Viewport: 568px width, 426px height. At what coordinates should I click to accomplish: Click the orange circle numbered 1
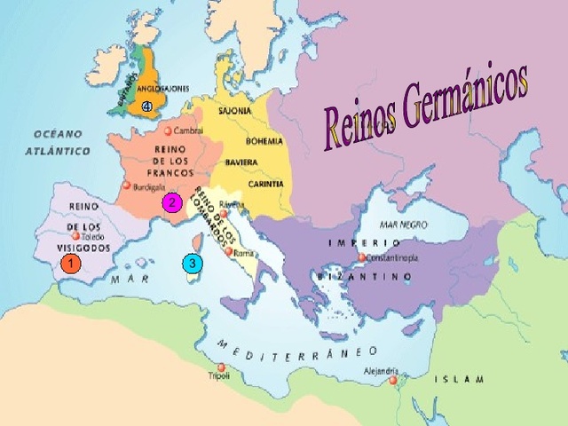coord(71,264)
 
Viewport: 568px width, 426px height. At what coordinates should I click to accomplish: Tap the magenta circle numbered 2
coord(170,202)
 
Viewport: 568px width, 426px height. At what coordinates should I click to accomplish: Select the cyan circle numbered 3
coord(192,263)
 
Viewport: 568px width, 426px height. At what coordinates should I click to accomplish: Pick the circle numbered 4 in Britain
coord(147,106)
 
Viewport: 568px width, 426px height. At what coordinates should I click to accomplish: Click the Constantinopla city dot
coord(362,258)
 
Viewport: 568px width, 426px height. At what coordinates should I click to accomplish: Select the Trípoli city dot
coord(221,367)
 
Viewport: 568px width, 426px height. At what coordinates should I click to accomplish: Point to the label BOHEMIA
coord(264,140)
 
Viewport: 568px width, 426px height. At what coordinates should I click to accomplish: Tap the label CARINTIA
coord(266,184)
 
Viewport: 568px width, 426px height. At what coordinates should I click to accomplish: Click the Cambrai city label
coord(189,130)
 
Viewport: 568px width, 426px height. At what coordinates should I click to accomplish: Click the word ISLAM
coord(459,379)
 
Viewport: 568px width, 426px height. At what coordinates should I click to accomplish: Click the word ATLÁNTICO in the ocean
coord(57,151)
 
